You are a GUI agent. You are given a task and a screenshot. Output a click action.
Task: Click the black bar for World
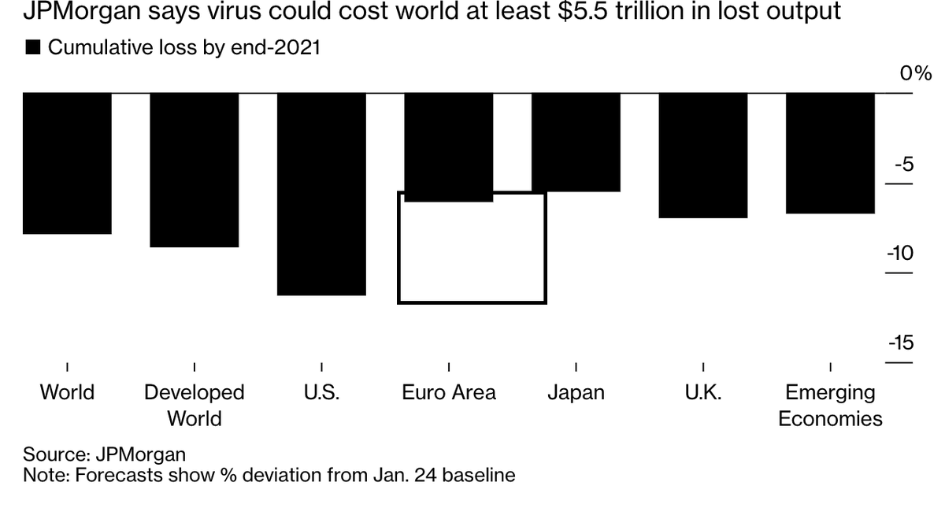click(x=67, y=163)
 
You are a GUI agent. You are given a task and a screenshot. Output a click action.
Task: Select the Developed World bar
click(x=195, y=169)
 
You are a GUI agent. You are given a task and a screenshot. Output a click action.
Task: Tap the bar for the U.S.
click(x=321, y=194)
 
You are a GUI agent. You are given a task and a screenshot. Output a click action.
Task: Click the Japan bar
click(x=576, y=142)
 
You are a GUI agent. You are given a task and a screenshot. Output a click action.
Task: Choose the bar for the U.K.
click(x=702, y=155)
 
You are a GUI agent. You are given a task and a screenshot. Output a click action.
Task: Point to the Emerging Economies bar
click(x=830, y=153)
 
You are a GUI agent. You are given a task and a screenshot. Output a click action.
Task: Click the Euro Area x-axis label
click(x=449, y=392)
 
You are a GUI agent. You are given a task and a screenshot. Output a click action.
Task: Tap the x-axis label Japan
click(x=576, y=392)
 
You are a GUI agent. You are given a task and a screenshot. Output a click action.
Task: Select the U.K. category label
click(x=703, y=392)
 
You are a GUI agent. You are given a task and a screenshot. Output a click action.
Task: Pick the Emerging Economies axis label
click(x=830, y=405)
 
